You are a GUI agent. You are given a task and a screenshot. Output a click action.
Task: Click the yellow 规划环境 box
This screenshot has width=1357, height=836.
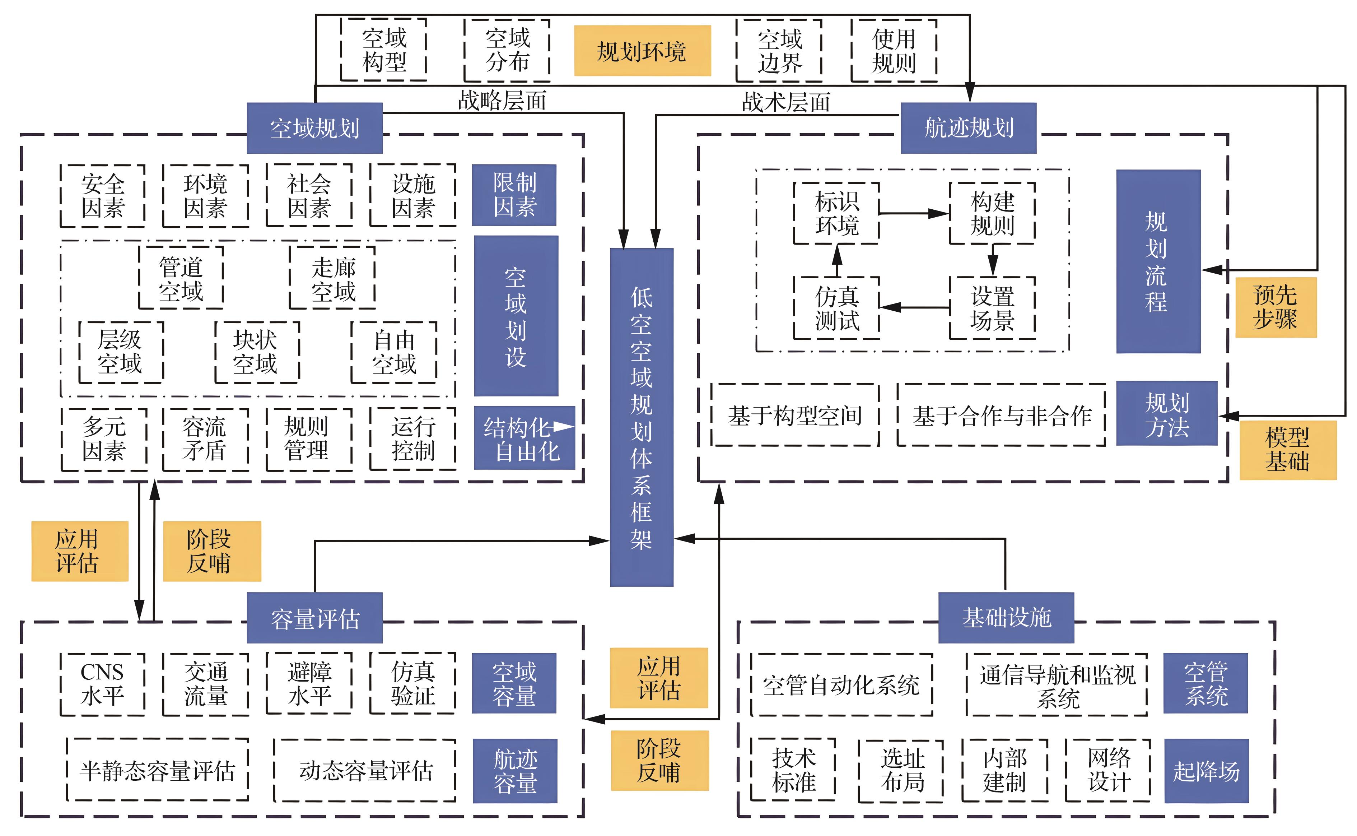pyautogui.click(x=642, y=51)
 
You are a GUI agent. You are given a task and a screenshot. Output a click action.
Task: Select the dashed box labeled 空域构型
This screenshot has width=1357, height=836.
pyautogui.click(x=384, y=50)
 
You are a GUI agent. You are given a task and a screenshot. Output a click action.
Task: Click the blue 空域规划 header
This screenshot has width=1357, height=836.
pyautogui.click(x=314, y=128)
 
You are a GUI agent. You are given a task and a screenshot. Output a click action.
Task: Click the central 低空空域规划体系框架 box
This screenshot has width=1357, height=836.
pyautogui.click(x=641, y=417)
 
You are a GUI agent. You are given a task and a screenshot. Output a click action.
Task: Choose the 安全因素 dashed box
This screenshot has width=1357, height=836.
pyautogui.click(x=103, y=196)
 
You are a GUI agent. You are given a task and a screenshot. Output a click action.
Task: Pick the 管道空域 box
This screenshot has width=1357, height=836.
pyautogui.click(x=181, y=278)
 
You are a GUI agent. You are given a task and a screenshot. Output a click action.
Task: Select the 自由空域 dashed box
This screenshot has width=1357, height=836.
pyautogui.click(x=393, y=352)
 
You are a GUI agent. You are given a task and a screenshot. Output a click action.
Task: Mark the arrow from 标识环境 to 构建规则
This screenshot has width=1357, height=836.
pyautogui.click(x=913, y=213)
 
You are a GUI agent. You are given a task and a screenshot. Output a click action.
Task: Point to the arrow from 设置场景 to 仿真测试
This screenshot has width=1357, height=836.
pyautogui.click(x=913, y=307)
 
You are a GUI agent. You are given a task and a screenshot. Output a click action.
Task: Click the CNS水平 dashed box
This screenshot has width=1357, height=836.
pyautogui.click(x=102, y=684)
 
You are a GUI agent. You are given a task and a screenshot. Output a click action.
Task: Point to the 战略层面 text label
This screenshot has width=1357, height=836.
pyautogui.click(x=502, y=101)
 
